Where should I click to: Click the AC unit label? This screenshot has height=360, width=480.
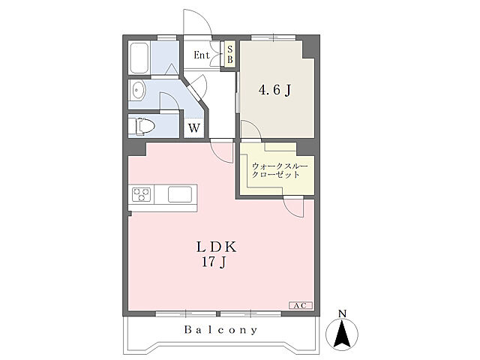point(301,305)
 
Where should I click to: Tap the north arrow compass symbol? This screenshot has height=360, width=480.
point(342,334)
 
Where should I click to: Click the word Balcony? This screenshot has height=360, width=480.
point(220,330)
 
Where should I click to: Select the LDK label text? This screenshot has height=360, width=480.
point(217,247)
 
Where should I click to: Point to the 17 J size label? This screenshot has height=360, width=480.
point(214,262)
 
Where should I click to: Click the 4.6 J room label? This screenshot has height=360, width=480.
point(274,90)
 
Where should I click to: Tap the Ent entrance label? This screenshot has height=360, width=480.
point(202,55)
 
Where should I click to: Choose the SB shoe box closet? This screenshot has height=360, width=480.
point(230,54)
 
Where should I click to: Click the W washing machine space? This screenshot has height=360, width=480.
point(194,128)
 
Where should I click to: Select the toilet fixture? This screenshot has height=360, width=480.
point(143,126)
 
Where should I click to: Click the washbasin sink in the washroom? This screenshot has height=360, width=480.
point(137,90)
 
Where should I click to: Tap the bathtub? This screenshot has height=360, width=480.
point(139,57)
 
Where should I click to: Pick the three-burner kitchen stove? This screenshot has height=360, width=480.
point(142,194)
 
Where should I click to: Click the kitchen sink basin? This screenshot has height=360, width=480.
point(180,195)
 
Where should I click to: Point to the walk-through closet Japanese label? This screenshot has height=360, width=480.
point(280,171)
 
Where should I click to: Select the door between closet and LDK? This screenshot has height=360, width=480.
point(293,207)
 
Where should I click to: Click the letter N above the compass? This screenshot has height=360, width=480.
point(342,313)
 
